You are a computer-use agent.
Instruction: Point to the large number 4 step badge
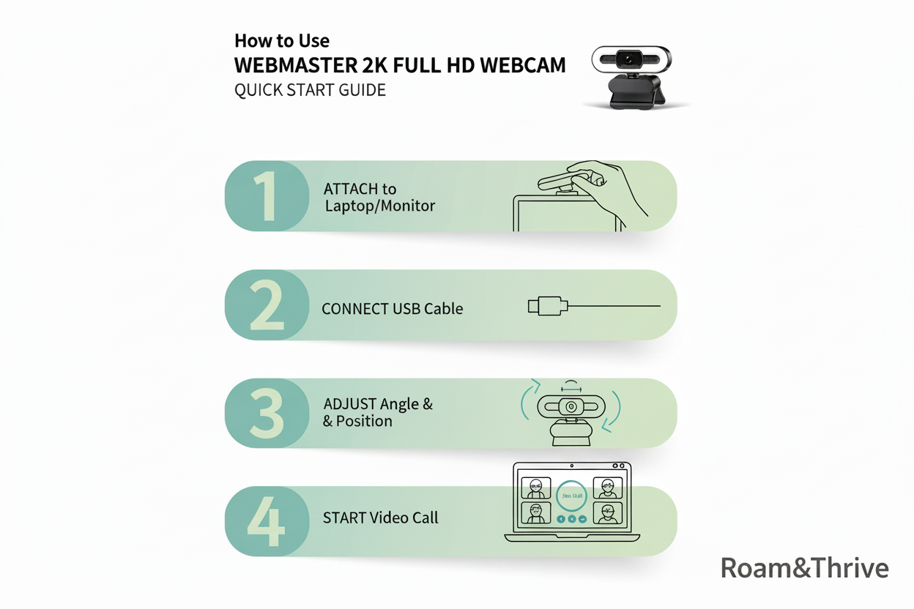pos(265,520)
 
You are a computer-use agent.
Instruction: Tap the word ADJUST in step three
pos(350,404)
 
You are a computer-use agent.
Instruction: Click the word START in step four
pos(344,518)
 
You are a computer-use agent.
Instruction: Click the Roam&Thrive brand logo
pos(804,568)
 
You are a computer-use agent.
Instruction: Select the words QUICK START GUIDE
pos(310,91)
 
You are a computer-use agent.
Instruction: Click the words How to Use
pos(282,41)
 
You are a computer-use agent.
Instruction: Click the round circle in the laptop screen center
pos(571,496)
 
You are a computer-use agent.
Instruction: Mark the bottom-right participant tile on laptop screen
pos(606,512)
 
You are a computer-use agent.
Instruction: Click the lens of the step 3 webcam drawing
pos(571,407)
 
